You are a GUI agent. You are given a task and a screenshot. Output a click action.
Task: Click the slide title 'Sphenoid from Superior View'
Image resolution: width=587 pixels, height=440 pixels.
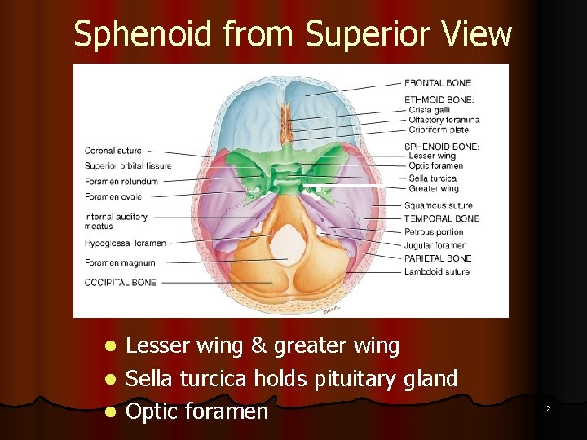point(293,34)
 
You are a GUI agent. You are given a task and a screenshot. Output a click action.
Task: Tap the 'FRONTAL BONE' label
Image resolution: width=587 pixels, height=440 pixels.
point(438,83)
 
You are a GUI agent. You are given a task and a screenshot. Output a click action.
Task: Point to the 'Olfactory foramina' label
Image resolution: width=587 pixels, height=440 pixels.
point(444,120)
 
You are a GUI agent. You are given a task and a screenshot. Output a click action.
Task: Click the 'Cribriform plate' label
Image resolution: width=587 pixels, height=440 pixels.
point(439,130)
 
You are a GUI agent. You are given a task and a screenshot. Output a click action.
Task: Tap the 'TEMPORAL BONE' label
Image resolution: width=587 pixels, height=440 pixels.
point(442,218)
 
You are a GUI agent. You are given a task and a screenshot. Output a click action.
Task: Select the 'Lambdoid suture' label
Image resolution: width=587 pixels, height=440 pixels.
point(437,272)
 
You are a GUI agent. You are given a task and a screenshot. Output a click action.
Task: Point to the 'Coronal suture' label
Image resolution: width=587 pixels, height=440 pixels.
point(113,151)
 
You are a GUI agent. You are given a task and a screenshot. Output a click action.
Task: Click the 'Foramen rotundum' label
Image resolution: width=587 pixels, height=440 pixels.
point(121,182)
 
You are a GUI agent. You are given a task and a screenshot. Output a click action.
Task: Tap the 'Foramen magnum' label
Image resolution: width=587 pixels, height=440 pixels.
point(120,263)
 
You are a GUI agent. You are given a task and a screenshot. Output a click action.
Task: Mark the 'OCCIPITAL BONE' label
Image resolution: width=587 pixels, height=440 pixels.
point(121,283)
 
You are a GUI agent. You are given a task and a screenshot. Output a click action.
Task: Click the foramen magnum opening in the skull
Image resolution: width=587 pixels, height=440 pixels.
point(287,240)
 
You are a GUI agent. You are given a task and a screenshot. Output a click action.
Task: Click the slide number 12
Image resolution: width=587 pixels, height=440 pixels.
point(547,408)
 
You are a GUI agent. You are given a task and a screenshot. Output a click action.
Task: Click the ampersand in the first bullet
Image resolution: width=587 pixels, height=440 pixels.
point(259,346)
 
